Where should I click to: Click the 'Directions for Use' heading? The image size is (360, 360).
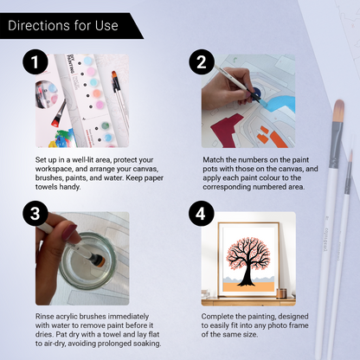[x=62, y=25]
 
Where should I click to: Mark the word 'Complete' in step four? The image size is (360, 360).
[x=219, y=317]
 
